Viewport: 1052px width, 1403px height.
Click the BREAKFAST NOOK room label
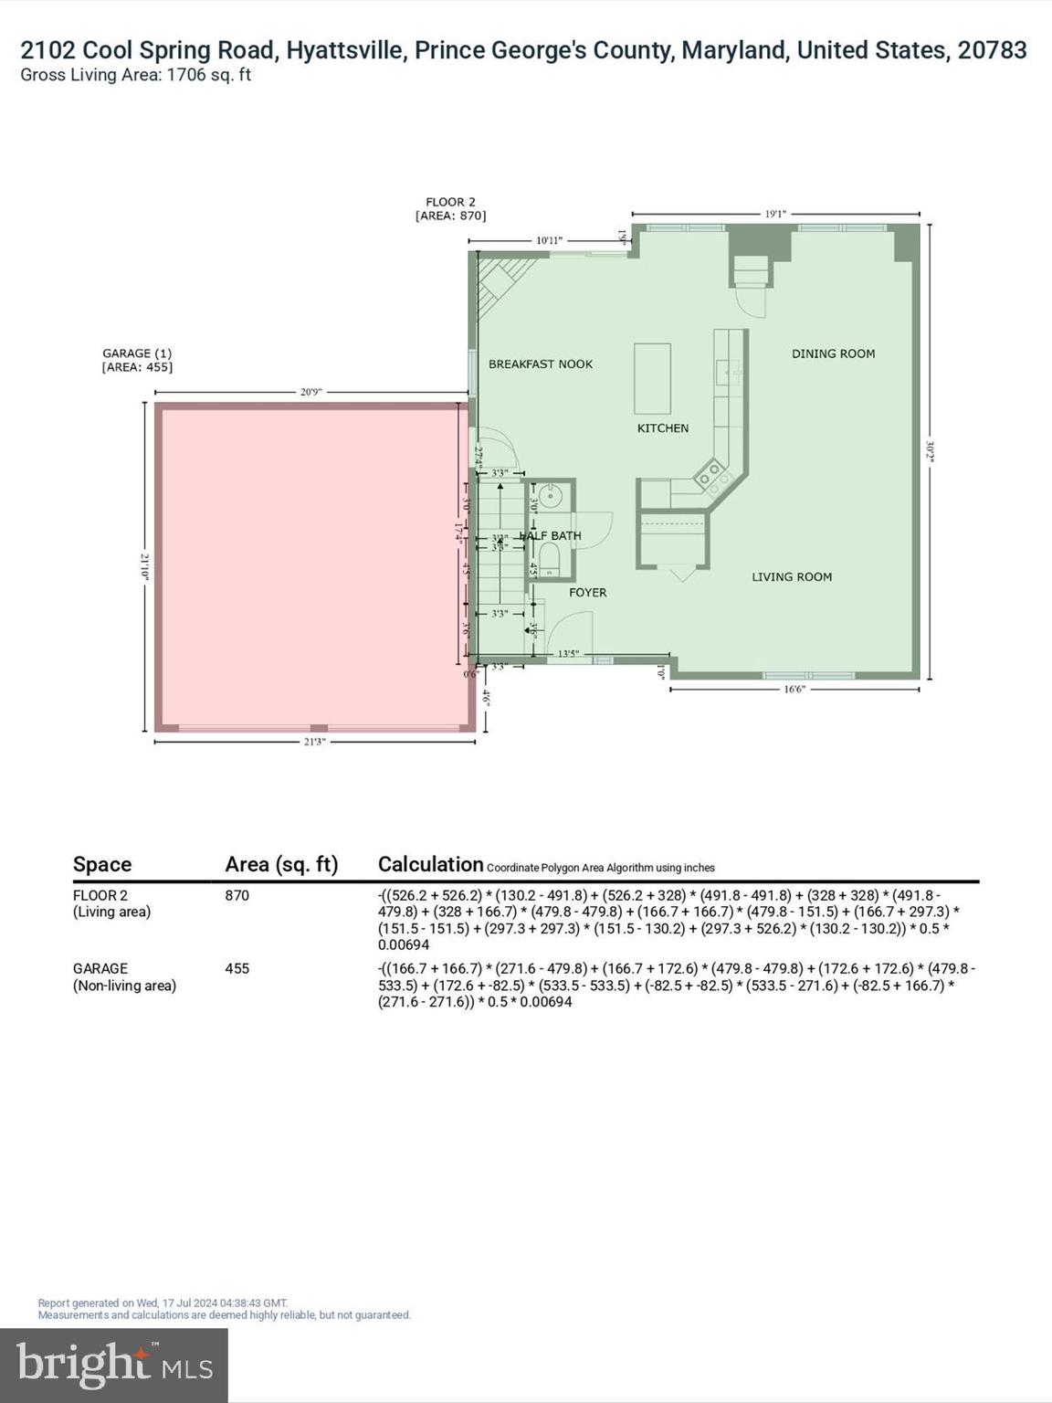[540, 364]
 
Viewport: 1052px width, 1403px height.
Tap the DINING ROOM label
[833, 353]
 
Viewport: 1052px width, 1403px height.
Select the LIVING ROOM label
[791, 576]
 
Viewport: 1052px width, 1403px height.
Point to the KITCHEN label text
[662, 427]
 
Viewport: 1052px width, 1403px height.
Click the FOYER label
[587, 592]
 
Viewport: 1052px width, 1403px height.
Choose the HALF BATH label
[552, 535]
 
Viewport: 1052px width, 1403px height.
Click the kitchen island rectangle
[652, 378]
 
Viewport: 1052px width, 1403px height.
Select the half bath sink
[550, 497]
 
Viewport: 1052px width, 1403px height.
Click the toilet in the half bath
[550, 558]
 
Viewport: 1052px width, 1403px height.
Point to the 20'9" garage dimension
[310, 392]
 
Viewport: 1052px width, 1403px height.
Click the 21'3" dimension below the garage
[314, 742]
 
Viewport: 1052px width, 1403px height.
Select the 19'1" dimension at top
[774, 214]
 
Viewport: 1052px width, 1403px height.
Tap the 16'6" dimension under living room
[794, 690]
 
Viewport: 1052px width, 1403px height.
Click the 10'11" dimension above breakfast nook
[549, 240]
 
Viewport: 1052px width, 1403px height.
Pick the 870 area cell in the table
[237, 895]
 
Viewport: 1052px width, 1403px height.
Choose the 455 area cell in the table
[237, 968]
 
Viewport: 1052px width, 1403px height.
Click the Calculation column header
[430, 864]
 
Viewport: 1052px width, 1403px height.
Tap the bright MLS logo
[114, 1365]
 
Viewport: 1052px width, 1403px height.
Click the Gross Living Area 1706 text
[135, 75]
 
